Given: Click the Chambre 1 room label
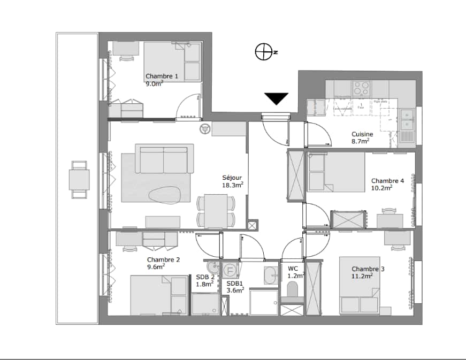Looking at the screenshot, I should click(x=162, y=80).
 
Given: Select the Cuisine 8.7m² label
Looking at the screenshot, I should click(x=362, y=137).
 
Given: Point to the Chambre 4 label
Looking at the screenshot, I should click(x=387, y=184).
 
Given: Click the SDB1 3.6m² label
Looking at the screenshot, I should click(x=235, y=287).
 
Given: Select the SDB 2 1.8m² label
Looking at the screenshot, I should click(x=204, y=280).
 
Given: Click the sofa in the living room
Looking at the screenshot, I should click(x=164, y=159).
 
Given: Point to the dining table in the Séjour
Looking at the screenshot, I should click(x=216, y=211).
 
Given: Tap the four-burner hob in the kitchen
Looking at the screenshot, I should click(x=361, y=88).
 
